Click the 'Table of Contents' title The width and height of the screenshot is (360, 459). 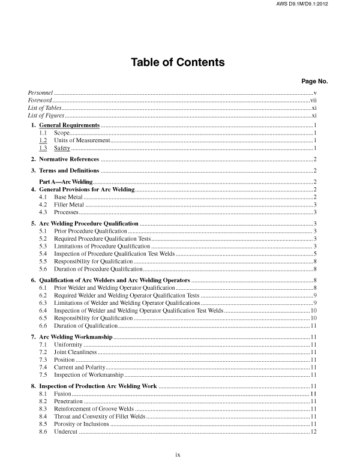point(178,62)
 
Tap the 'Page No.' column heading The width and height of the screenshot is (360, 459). point(314,81)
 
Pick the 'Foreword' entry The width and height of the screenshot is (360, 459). point(40,101)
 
